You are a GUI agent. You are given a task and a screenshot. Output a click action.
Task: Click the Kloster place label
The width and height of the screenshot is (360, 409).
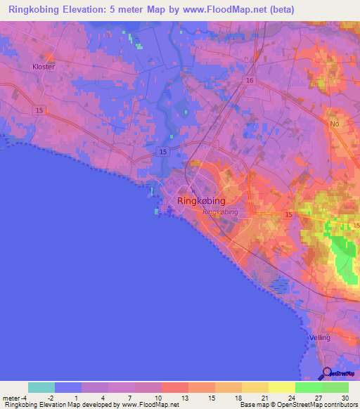click(x=43, y=67)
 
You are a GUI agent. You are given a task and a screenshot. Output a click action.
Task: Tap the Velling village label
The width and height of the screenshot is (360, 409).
click(x=319, y=338)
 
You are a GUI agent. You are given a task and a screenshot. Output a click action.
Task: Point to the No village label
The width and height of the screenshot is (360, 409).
click(x=334, y=124)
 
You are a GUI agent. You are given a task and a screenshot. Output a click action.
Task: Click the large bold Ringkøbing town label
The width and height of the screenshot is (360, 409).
click(x=202, y=200)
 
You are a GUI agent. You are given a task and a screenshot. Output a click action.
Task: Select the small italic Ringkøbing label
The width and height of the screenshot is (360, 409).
click(x=220, y=212)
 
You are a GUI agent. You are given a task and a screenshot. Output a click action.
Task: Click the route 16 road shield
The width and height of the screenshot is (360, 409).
click(x=250, y=82)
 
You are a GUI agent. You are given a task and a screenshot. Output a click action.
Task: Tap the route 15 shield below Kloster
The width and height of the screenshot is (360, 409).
click(x=38, y=110)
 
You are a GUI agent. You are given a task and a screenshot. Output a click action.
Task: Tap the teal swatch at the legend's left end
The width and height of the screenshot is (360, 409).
click(x=41, y=387)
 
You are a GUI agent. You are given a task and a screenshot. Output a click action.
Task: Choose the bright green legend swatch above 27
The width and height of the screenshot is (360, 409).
click(x=308, y=387)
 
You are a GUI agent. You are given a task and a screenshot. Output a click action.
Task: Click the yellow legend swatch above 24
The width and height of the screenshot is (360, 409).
click(x=281, y=387)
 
